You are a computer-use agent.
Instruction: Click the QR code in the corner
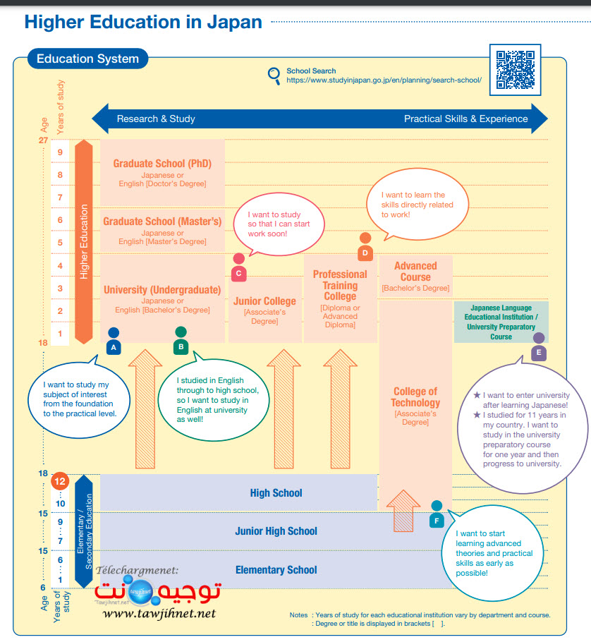(x=515, y=70)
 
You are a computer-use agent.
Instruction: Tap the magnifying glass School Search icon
(x=274, y=75)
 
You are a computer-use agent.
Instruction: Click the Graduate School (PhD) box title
(x=162, y=164)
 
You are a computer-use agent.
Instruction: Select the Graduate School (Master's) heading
(x=162, y=222)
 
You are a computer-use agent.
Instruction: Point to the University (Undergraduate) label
(x=162, y=289)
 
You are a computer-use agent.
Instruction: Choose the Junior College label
(x=265, y=301)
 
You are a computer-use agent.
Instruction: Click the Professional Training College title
(x=340, y=285)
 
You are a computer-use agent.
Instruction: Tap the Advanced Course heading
(x=415, y=271)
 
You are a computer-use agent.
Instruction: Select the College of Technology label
(x=415, y=397)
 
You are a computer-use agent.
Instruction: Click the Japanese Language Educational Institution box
(x=501, y=322)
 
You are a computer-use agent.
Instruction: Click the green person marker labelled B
(x=181, y=339)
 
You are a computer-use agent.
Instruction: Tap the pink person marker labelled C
(x=238, y=266)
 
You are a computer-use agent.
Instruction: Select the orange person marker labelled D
(x=365, y=246)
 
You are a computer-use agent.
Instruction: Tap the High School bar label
(x=276, y=493)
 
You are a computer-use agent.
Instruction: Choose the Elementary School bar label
(x=276, y=569)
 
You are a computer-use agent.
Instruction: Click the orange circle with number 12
(x=60, y=483)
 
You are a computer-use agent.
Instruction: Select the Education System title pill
(x=87, y=59)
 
